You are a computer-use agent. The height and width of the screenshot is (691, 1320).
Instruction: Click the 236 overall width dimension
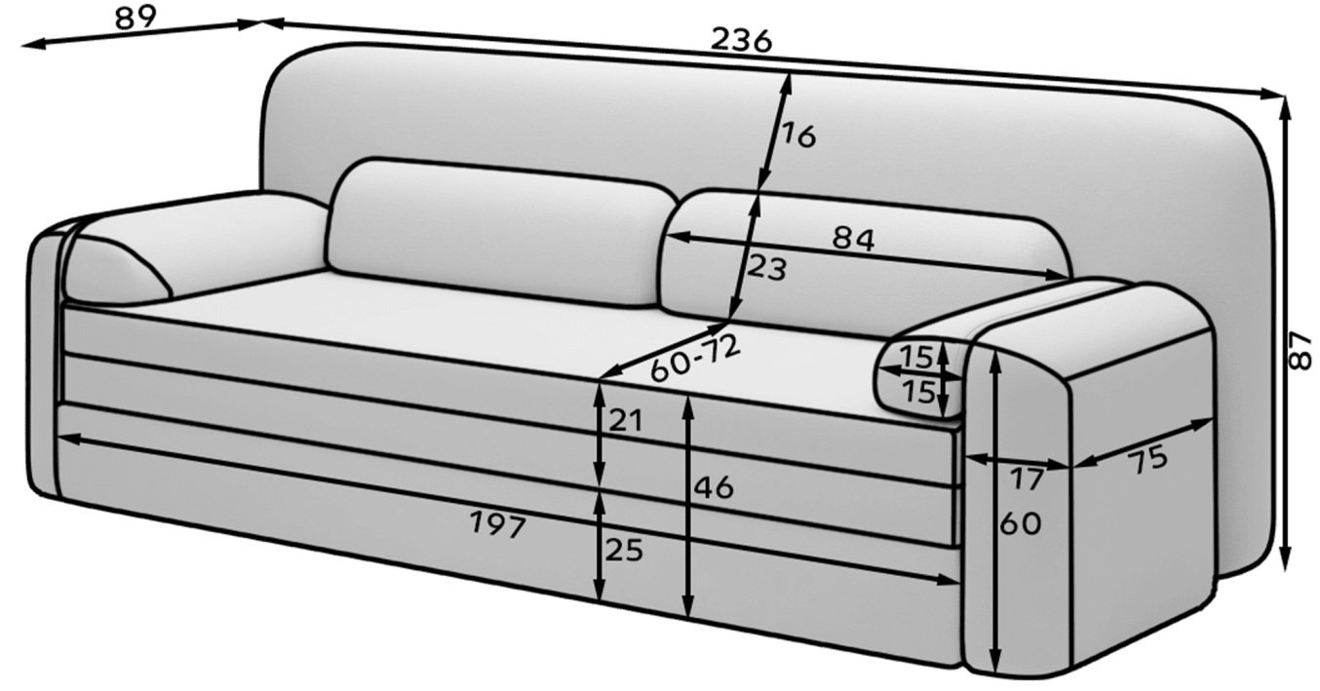pyautogui.click(x=741, y=41)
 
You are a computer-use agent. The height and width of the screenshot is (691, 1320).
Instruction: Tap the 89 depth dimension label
pyautogui.click(x=136, y=18)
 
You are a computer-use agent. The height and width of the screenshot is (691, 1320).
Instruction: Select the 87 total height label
pyautogui.click(x=1300, y=352)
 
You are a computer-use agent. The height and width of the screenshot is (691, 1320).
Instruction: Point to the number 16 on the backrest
pyautogui.click(x=799, y=136)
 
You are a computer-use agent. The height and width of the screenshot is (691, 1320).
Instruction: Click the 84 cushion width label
pyautogui.click(x=853, y=240)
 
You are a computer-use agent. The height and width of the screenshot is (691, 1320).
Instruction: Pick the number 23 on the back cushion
pyautogui.click(x=766, y=268)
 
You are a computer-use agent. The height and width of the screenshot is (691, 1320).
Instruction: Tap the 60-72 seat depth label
pyautogui.click(x=695, y=358)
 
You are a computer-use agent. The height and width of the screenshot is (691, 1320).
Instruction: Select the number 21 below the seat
pyautogui.click(x=626, y=421)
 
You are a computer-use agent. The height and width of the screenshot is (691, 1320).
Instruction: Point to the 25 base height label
pyautogui.click(x=624, y=551)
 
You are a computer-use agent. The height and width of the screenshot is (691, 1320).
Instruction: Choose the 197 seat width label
pyautogui.click(x=498, y=524)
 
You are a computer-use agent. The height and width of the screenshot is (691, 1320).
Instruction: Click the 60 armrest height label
pyautogui.click(x=1021, y=523)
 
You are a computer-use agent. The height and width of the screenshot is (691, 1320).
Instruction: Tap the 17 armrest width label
pyautogui.click(x=1028, y=480)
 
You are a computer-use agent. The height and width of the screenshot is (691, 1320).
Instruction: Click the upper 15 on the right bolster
pyautogui.click(x=917, y=357)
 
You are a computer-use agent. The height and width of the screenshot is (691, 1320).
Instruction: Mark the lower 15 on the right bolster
pyautogui.click(x=919, y=391)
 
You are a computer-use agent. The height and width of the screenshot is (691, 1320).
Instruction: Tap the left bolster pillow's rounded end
pyautogui.click(x=118, y=272)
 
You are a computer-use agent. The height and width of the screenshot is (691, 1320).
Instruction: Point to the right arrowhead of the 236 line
pyautogui.click(x=1271, y=95)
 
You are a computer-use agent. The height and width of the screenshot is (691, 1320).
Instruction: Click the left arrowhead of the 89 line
pyautogui.click(x=33, y=44)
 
